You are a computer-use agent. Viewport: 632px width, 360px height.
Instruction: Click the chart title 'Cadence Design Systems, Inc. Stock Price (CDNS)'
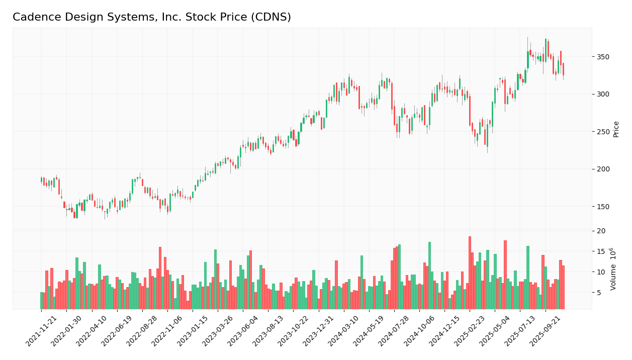tap(151, 18)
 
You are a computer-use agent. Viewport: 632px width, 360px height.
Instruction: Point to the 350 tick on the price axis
tap(603, 57)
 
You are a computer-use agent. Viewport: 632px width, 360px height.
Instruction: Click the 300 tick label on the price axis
tap(603, 94)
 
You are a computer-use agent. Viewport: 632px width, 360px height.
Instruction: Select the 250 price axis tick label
tap(603, 132)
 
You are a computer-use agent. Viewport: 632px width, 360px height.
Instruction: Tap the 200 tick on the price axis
tap(603, 169)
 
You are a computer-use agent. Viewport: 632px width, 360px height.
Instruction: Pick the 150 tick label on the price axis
tap(603, 207)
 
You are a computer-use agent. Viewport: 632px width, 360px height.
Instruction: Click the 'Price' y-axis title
tap(616, 129)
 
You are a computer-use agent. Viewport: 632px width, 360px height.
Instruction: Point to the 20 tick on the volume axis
tap(601, 231)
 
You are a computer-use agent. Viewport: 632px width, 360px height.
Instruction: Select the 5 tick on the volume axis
tap(600, 292)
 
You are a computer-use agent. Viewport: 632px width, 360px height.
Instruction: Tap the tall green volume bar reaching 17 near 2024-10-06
tap(429, 276)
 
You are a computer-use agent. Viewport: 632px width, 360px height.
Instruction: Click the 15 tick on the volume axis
tap(601, 251)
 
